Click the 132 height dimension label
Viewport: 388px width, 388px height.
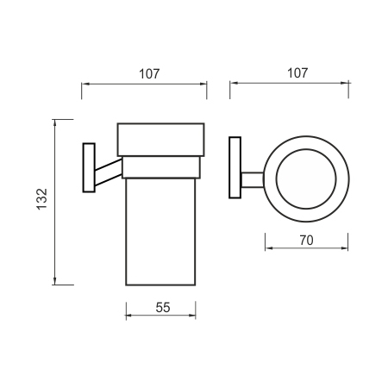pyautogui.click(x=42, y=199)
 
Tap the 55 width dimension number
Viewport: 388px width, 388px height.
pyautogui.click(x=163, y=308)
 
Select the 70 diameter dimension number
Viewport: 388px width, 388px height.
pyautogui.click(x=306, y=241)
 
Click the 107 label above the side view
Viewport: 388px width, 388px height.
pyautogui.click(x=149, y=74)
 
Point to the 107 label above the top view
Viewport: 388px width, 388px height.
pyautogui.click(x=297, y=73)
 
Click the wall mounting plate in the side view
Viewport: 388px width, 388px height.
pyautogui.click(x=89, y=167)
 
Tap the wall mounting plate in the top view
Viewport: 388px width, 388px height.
pyautogui.click(x=235, y=167)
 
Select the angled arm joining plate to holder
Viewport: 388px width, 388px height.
pyautogui.click(x=109, y=172)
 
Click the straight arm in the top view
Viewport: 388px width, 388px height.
pyautogui.click(x=253, y=180)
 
